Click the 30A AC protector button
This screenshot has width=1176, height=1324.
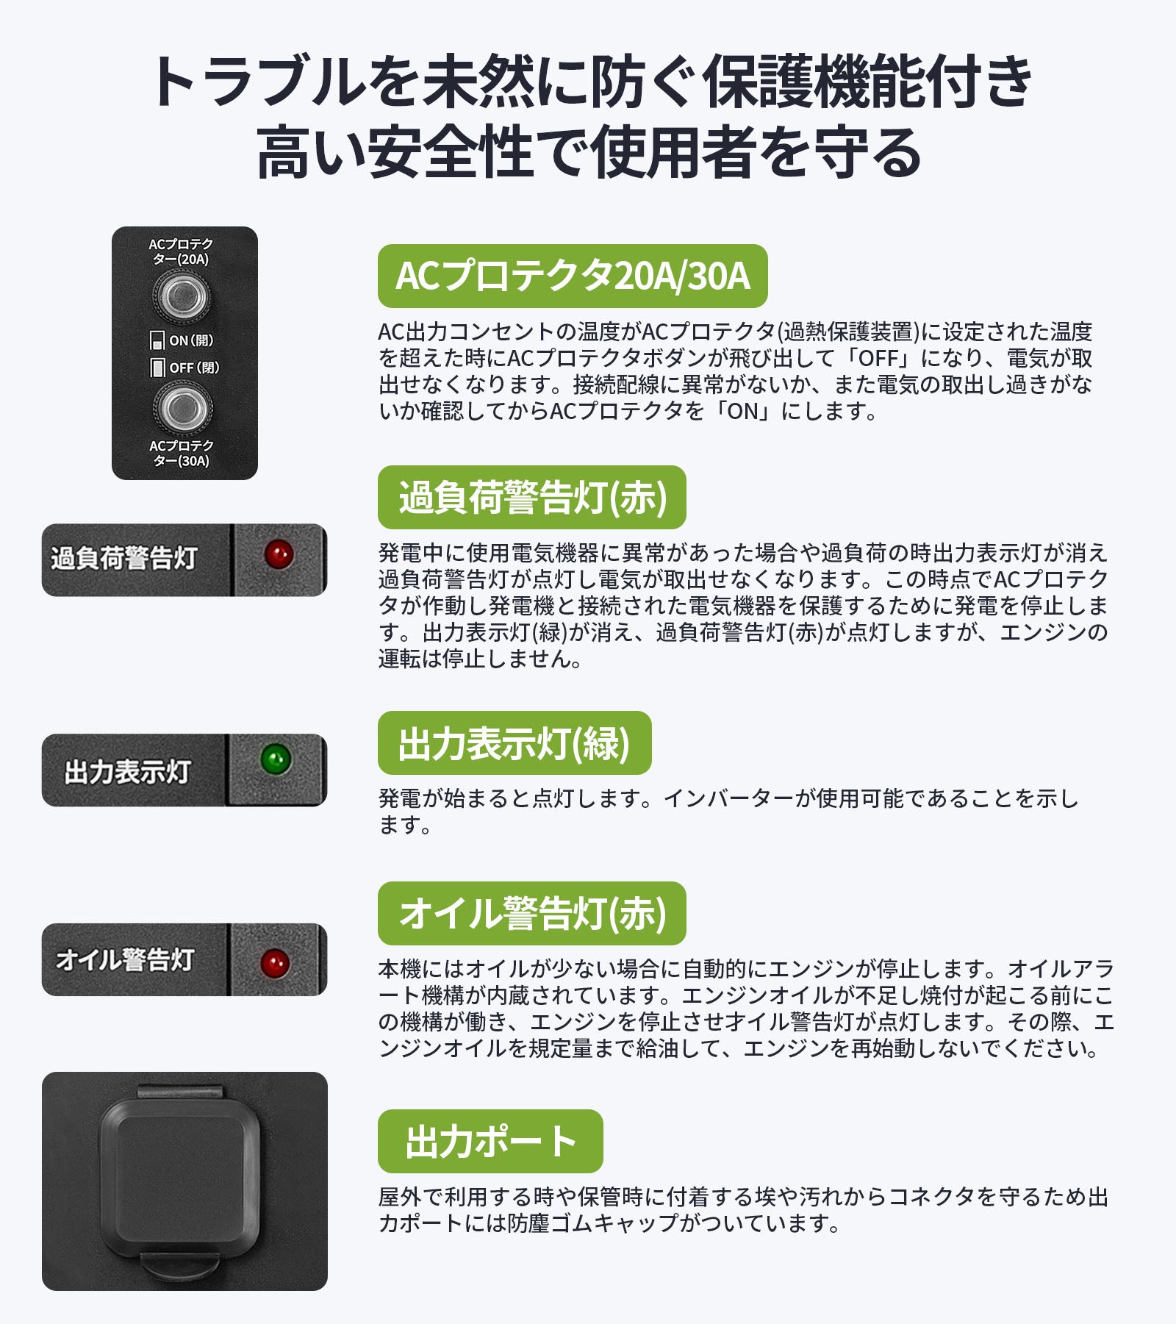[182, 409]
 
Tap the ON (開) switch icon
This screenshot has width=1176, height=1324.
[157, 340]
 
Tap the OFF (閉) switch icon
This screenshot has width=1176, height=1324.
[157, 368]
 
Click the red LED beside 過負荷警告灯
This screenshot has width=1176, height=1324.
[279, 554]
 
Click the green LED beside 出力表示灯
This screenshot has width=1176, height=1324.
[276, 759]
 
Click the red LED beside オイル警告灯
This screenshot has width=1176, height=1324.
[275, 962]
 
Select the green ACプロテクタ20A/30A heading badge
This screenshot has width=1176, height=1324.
[573, 276]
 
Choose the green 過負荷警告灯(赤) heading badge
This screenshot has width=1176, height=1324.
[532, 498]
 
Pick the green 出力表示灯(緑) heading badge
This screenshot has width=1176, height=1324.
[514, 743]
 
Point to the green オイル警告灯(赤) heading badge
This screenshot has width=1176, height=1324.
[532, 914]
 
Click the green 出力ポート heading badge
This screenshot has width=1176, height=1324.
[490, 1142]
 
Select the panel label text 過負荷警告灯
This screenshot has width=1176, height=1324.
[123, 558]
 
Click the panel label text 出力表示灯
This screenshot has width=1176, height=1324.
[127, 772]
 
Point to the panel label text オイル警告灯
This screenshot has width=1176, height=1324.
[125, 959]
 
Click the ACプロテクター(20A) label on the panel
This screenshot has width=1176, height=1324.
[181, 251]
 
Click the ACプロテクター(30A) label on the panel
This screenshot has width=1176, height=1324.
[182, 453]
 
